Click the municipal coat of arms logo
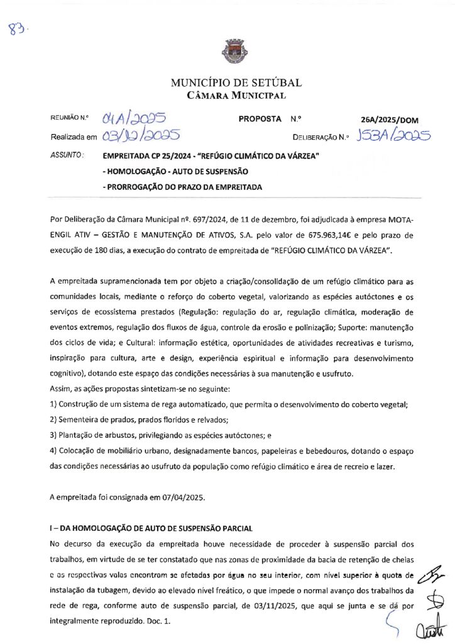(227, 50)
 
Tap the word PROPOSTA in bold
(260, 118)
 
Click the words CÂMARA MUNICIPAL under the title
(236, 96)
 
